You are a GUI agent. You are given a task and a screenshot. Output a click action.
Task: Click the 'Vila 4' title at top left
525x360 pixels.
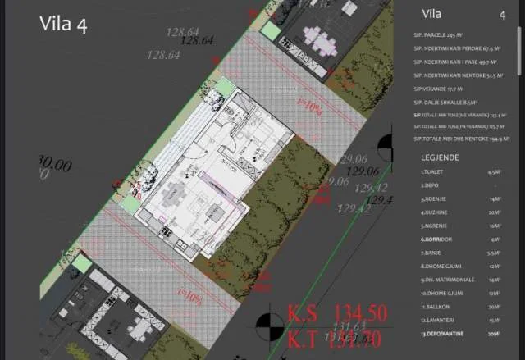[64, 24]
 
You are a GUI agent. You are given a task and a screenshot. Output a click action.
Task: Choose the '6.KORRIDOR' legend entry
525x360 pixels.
[440, 239]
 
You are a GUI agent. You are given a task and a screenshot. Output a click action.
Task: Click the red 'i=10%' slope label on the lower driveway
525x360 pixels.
[189, 298]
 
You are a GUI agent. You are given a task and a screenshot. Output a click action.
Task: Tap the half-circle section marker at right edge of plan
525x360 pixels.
[386, 150]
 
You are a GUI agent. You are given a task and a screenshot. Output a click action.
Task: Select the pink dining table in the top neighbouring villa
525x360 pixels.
[317, 37]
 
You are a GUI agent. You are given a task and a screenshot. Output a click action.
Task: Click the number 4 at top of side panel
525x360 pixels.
[502, 14]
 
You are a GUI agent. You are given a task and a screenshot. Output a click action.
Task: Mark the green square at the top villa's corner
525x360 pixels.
[270, 31]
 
